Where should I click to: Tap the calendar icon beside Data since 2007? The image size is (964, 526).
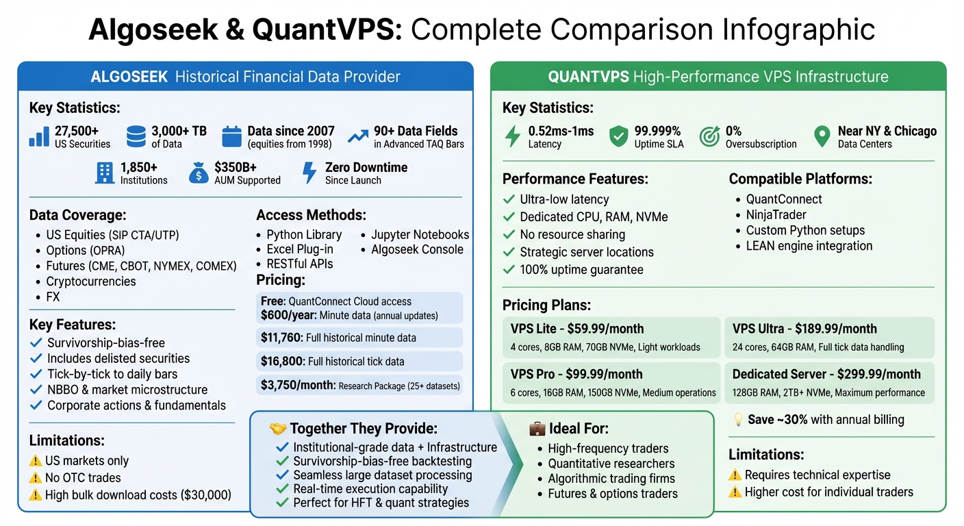pyautogui.click(x=232, y=137)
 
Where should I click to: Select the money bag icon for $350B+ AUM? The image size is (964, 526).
pyautogui.click(x=198, y=173)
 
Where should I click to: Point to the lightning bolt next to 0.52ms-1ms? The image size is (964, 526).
pyautogui.click(x=512, y=137)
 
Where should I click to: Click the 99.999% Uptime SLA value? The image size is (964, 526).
pyautogui.click(x=657, y=131)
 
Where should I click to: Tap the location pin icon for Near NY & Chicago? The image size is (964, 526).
pyautogui.click(x=822, y=137)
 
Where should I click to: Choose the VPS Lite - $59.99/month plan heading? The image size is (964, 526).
pyautogui.click(x=577, y=329)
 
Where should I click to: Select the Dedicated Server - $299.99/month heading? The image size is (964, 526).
pyautogui.click(x=826, y=374)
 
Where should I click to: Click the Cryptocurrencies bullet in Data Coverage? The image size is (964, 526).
pyautogui.click(x=91, y=281)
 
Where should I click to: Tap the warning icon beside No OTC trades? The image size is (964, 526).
pyautogui.click(x=35, y=478)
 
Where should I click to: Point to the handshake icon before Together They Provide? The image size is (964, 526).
pyautogui.click(x=278, y=429)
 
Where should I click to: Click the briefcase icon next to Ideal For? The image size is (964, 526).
pyautogui.click(x=537, y=429)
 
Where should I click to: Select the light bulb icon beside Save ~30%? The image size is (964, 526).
pyautogui.click(x=738, y=420)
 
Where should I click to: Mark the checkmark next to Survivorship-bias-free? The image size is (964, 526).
pyautogui.click(x=36, y=343)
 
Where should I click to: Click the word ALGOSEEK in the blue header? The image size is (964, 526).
pyautogui.click(x=129, y=77)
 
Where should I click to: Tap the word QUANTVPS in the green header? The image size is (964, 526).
pyautogui.click(x=589, y=77)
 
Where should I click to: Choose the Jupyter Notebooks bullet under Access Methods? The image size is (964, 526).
pyautogui.click(x=420, y=234)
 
